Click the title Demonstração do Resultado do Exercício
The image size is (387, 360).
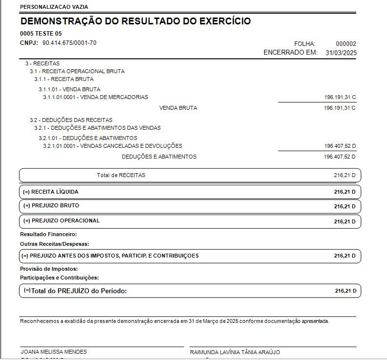(135, 21)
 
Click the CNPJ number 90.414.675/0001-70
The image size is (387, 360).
(69, 43)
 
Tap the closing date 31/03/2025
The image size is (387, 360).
(341, 53)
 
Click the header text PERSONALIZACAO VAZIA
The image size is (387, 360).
(54, 7)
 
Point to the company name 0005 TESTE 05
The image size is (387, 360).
(41, 34)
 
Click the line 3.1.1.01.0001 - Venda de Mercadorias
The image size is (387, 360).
(96, 97)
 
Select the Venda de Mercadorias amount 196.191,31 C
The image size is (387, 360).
(340, 98)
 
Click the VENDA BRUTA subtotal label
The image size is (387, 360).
(178, 108)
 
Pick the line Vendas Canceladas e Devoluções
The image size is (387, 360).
(113, 146)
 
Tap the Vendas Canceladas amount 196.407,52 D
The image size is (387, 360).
(340, 146)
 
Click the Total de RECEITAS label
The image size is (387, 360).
(121, 175)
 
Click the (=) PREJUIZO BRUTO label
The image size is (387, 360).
(51, 205)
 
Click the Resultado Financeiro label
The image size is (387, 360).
(45, 234)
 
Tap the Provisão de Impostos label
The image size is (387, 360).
(49, 269)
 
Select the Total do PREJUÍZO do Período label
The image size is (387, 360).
(78, 291)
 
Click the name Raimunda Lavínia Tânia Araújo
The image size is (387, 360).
(235, 352)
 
